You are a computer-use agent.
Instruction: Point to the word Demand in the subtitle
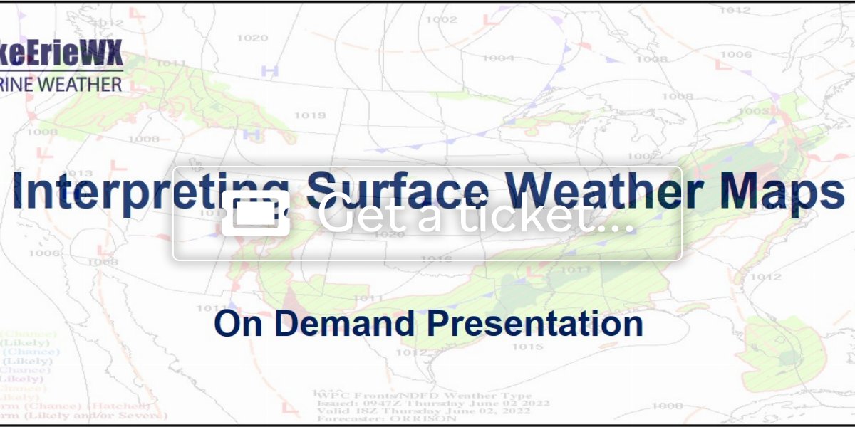click(x=348, y=323)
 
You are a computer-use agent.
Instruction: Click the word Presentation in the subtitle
click(x=534, y=323)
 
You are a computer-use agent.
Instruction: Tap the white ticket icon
click(x=255, y=213)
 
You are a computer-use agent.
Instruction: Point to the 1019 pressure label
click(x=310, y=115)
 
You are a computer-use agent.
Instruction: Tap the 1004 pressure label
click(x=498, y=58)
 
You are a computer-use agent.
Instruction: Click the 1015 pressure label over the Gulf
click(x=528, y=347)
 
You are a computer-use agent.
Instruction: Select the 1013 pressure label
click(x=80, y=174)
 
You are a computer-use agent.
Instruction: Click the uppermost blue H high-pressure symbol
click(x=269, y=70)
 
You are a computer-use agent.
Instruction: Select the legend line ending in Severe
click(x=82, y=415)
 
